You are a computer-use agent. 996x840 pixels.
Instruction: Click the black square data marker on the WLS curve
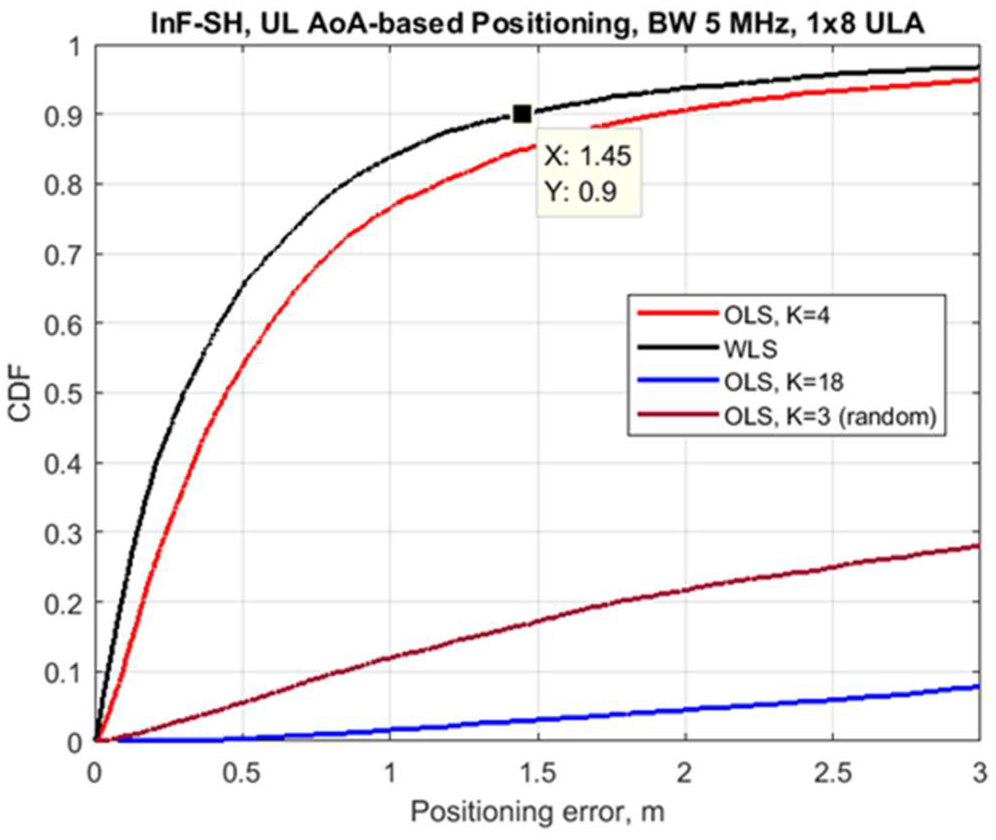pos(522,114)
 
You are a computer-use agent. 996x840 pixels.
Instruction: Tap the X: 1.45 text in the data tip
pos(587,156)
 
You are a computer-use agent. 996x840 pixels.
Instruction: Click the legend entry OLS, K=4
pos(776,315)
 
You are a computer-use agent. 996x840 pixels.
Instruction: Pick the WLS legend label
pos(750,349)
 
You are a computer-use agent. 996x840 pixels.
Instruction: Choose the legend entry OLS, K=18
pos(784,382)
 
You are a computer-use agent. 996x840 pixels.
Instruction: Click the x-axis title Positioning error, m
pos(537,813)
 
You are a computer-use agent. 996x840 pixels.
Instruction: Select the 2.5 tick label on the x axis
pos(832,773)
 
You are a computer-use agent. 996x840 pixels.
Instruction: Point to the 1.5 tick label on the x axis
pos(538,773)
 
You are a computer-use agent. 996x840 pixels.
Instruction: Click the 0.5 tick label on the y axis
pos(63,393)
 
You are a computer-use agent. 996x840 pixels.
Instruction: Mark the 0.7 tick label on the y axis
pos(63,254)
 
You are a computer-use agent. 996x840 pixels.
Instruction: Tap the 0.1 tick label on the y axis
pos(63,672)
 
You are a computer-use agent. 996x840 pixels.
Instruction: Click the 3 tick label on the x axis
pos(980,773)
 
